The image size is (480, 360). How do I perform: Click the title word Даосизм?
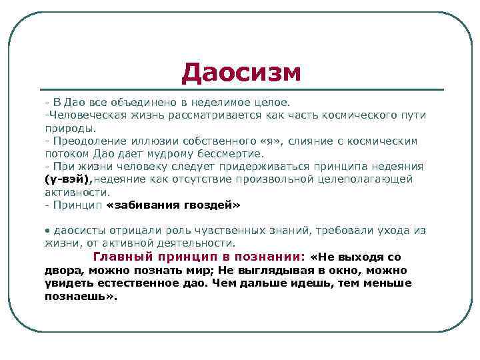click(x=241, y=73)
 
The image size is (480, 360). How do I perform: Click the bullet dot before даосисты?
click(x=48, y=231)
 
